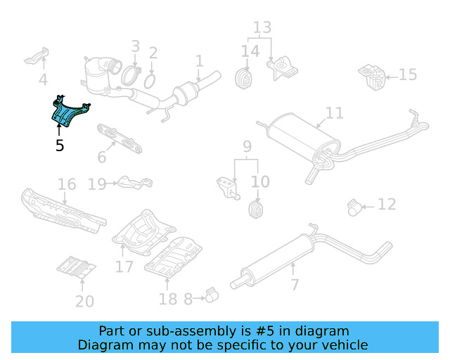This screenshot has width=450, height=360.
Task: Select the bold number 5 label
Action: (60, 146)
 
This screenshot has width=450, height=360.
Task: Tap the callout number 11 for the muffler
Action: (335, 112)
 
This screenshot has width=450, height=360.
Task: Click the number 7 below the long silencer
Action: (295, 285)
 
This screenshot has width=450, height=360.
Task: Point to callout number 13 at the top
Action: (262, 28)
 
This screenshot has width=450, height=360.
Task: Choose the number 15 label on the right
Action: (408, 75)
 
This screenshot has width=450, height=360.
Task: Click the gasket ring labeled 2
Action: (150, 82)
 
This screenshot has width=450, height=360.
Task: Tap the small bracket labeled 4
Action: (38, 56)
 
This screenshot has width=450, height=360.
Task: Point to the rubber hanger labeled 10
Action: (257, 209)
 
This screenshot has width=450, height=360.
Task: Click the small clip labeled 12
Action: (356, 207)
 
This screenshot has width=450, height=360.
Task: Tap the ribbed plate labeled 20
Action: (76, 268)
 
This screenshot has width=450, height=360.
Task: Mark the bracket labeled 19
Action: (133, 183)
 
